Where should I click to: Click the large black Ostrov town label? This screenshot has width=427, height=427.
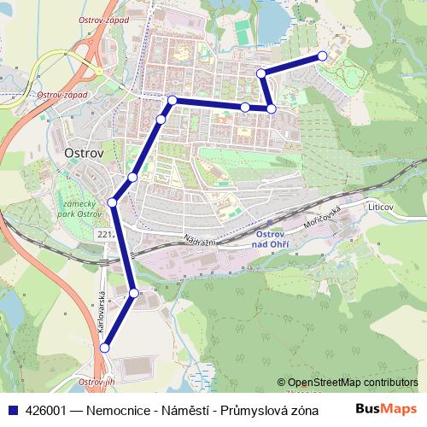pos(84,154)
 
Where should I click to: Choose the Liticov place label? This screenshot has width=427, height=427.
pos(382,208)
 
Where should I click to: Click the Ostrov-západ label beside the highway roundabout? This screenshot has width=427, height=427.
pos(62,95)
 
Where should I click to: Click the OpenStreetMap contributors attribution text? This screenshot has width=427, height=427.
pos(354,382)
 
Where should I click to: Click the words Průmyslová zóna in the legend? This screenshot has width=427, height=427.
pos(269,409)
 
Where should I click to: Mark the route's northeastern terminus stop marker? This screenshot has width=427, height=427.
pos(322,56)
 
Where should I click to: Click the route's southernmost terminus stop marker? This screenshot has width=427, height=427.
pos(105,348)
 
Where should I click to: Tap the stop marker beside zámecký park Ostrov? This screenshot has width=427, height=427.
pos(113,202)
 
